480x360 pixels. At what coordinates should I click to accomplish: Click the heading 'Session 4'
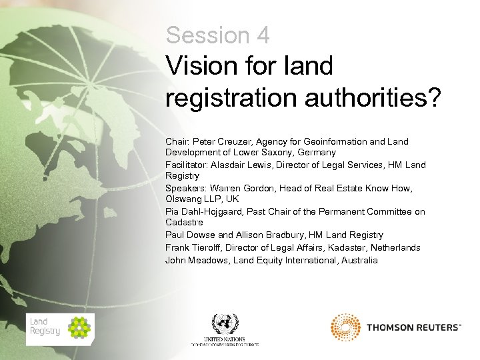(217, 35)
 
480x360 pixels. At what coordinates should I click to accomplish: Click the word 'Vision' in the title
(197, 66)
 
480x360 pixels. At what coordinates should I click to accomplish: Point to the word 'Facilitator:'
(187, 165)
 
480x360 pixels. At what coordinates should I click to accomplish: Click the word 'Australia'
(359, 260)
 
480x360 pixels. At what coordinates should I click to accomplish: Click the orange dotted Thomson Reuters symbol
(345, 327)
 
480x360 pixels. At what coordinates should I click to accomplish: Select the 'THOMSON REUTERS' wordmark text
(413, 327)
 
